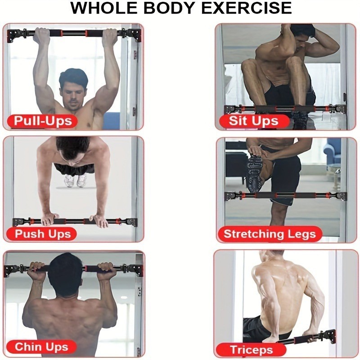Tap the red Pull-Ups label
coord(42,121)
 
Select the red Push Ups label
coord(42,234)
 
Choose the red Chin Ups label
coord(41,346)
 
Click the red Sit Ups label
coord(254,121)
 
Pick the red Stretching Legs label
coord(270,234)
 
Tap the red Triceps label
coord(251,350)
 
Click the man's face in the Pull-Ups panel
coord(73,94)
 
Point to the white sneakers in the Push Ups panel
coord(76,180)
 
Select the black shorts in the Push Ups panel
coord(74,169)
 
